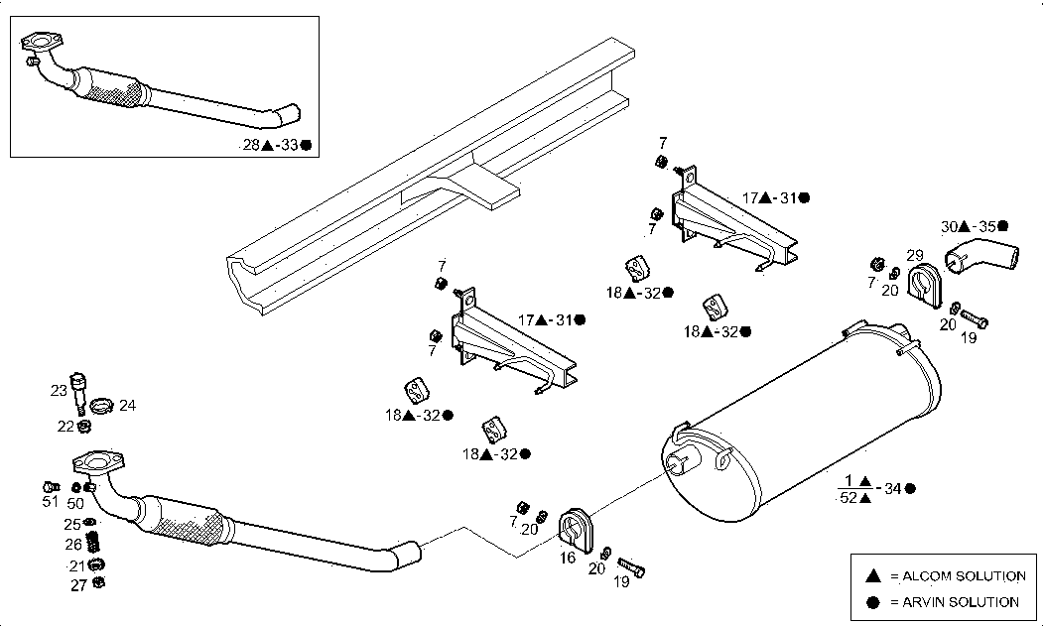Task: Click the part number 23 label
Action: [59, 391]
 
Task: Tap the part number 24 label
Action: [127, 406]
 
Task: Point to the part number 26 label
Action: [74, 544]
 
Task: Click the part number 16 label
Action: [568, 559]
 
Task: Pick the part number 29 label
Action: [915, 255]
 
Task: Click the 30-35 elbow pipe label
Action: [974, 226]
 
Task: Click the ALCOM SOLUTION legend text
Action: [958, 575]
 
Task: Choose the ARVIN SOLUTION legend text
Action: [957, 601]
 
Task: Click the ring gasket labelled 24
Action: [101, 405]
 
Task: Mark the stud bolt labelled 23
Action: [80, 391]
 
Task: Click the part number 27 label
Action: [77, 585]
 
